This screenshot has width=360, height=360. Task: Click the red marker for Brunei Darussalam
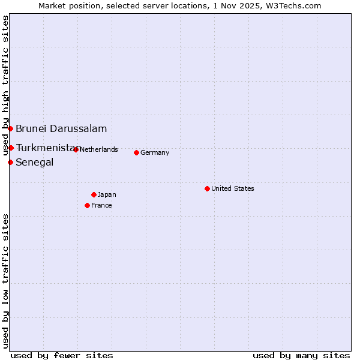[11, 128]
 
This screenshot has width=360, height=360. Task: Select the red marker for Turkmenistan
[11, 148]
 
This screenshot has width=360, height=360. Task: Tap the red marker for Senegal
[11, 162]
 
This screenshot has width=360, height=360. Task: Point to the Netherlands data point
[76, 149]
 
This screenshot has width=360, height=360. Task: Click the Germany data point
[136, 152]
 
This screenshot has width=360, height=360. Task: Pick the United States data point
[207, 188]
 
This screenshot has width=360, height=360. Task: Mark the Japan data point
[94, 194]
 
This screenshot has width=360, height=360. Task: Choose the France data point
[88, 205]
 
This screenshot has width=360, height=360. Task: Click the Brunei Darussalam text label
[61, 128]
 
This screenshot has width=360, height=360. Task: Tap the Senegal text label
[35, 162]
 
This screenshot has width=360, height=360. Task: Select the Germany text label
[155, 152]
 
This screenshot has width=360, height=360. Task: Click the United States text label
[233, 188]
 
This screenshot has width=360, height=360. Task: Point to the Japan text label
[107, 194]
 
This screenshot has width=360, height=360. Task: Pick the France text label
[101, 205]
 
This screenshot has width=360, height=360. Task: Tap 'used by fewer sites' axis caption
[62, 355]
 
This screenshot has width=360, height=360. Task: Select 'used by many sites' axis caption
[301, 355]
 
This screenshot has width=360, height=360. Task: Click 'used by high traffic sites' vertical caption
[5, 86]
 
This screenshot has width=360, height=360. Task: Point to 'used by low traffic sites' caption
[5, 281]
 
